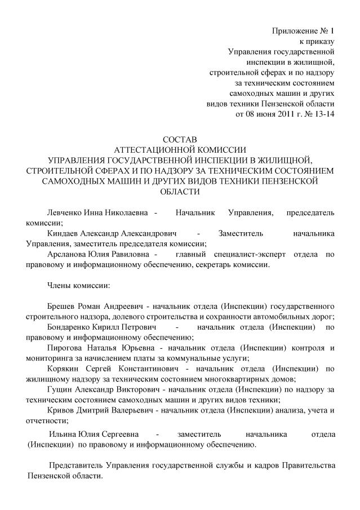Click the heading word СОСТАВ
(180, 139)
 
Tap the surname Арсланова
(66, 254)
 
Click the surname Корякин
(64, 369)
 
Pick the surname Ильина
(62, 434)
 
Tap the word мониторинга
(51, 358)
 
